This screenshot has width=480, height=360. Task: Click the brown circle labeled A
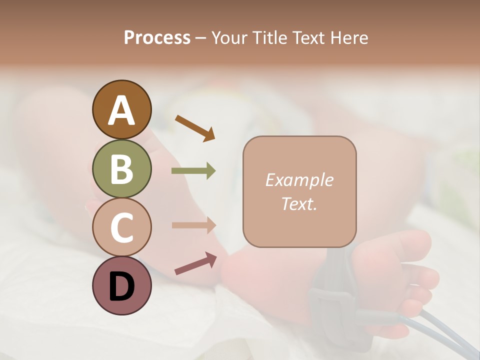coord(121,109)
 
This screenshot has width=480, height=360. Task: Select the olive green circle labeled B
coord(121,168)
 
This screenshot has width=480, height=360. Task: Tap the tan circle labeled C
coord(121,227)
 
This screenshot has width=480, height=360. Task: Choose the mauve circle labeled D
coord(121,285)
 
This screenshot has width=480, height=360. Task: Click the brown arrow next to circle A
coord(195,128)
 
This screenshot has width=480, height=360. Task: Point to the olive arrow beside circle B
coord(193,171)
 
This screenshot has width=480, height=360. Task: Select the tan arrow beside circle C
coord(193,225)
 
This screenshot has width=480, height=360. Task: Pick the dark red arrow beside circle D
coord(195,263)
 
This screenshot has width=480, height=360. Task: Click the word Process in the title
coord(157,38)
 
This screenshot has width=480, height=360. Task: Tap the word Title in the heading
coord(270,38)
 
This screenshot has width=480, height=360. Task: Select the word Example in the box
coord(299,180)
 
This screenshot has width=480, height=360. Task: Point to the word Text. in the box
coord(299,203)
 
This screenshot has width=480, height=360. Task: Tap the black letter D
coord(121,286)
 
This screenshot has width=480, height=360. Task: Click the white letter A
coord(121,110)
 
